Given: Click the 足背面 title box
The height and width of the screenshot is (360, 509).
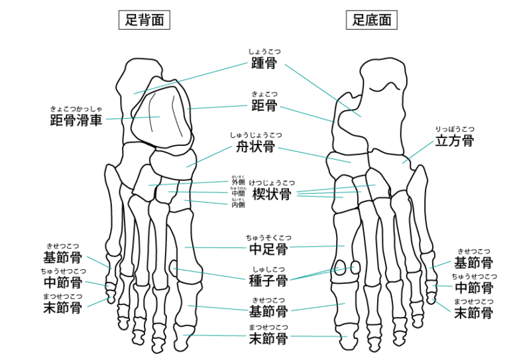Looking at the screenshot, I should click(x=144, y=20).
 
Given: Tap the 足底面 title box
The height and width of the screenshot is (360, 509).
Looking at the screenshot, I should click(x=371, y=20).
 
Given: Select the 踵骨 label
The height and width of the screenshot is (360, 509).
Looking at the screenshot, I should click(x=264, y=64).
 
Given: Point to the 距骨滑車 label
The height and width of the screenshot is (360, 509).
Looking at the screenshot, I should click(x=76, y=121).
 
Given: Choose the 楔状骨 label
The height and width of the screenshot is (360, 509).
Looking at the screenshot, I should click(x=271, y=194).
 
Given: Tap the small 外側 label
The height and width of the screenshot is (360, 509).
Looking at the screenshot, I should click(x=238, y=182).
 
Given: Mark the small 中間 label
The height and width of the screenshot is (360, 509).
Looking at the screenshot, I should click(x=238, y=194).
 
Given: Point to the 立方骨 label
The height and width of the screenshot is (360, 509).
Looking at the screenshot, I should click(x=454, y=141).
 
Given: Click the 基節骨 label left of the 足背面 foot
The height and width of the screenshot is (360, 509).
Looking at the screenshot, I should click(x=62, y=258).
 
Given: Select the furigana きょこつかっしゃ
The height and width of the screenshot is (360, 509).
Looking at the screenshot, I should click(x=76, y=109).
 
